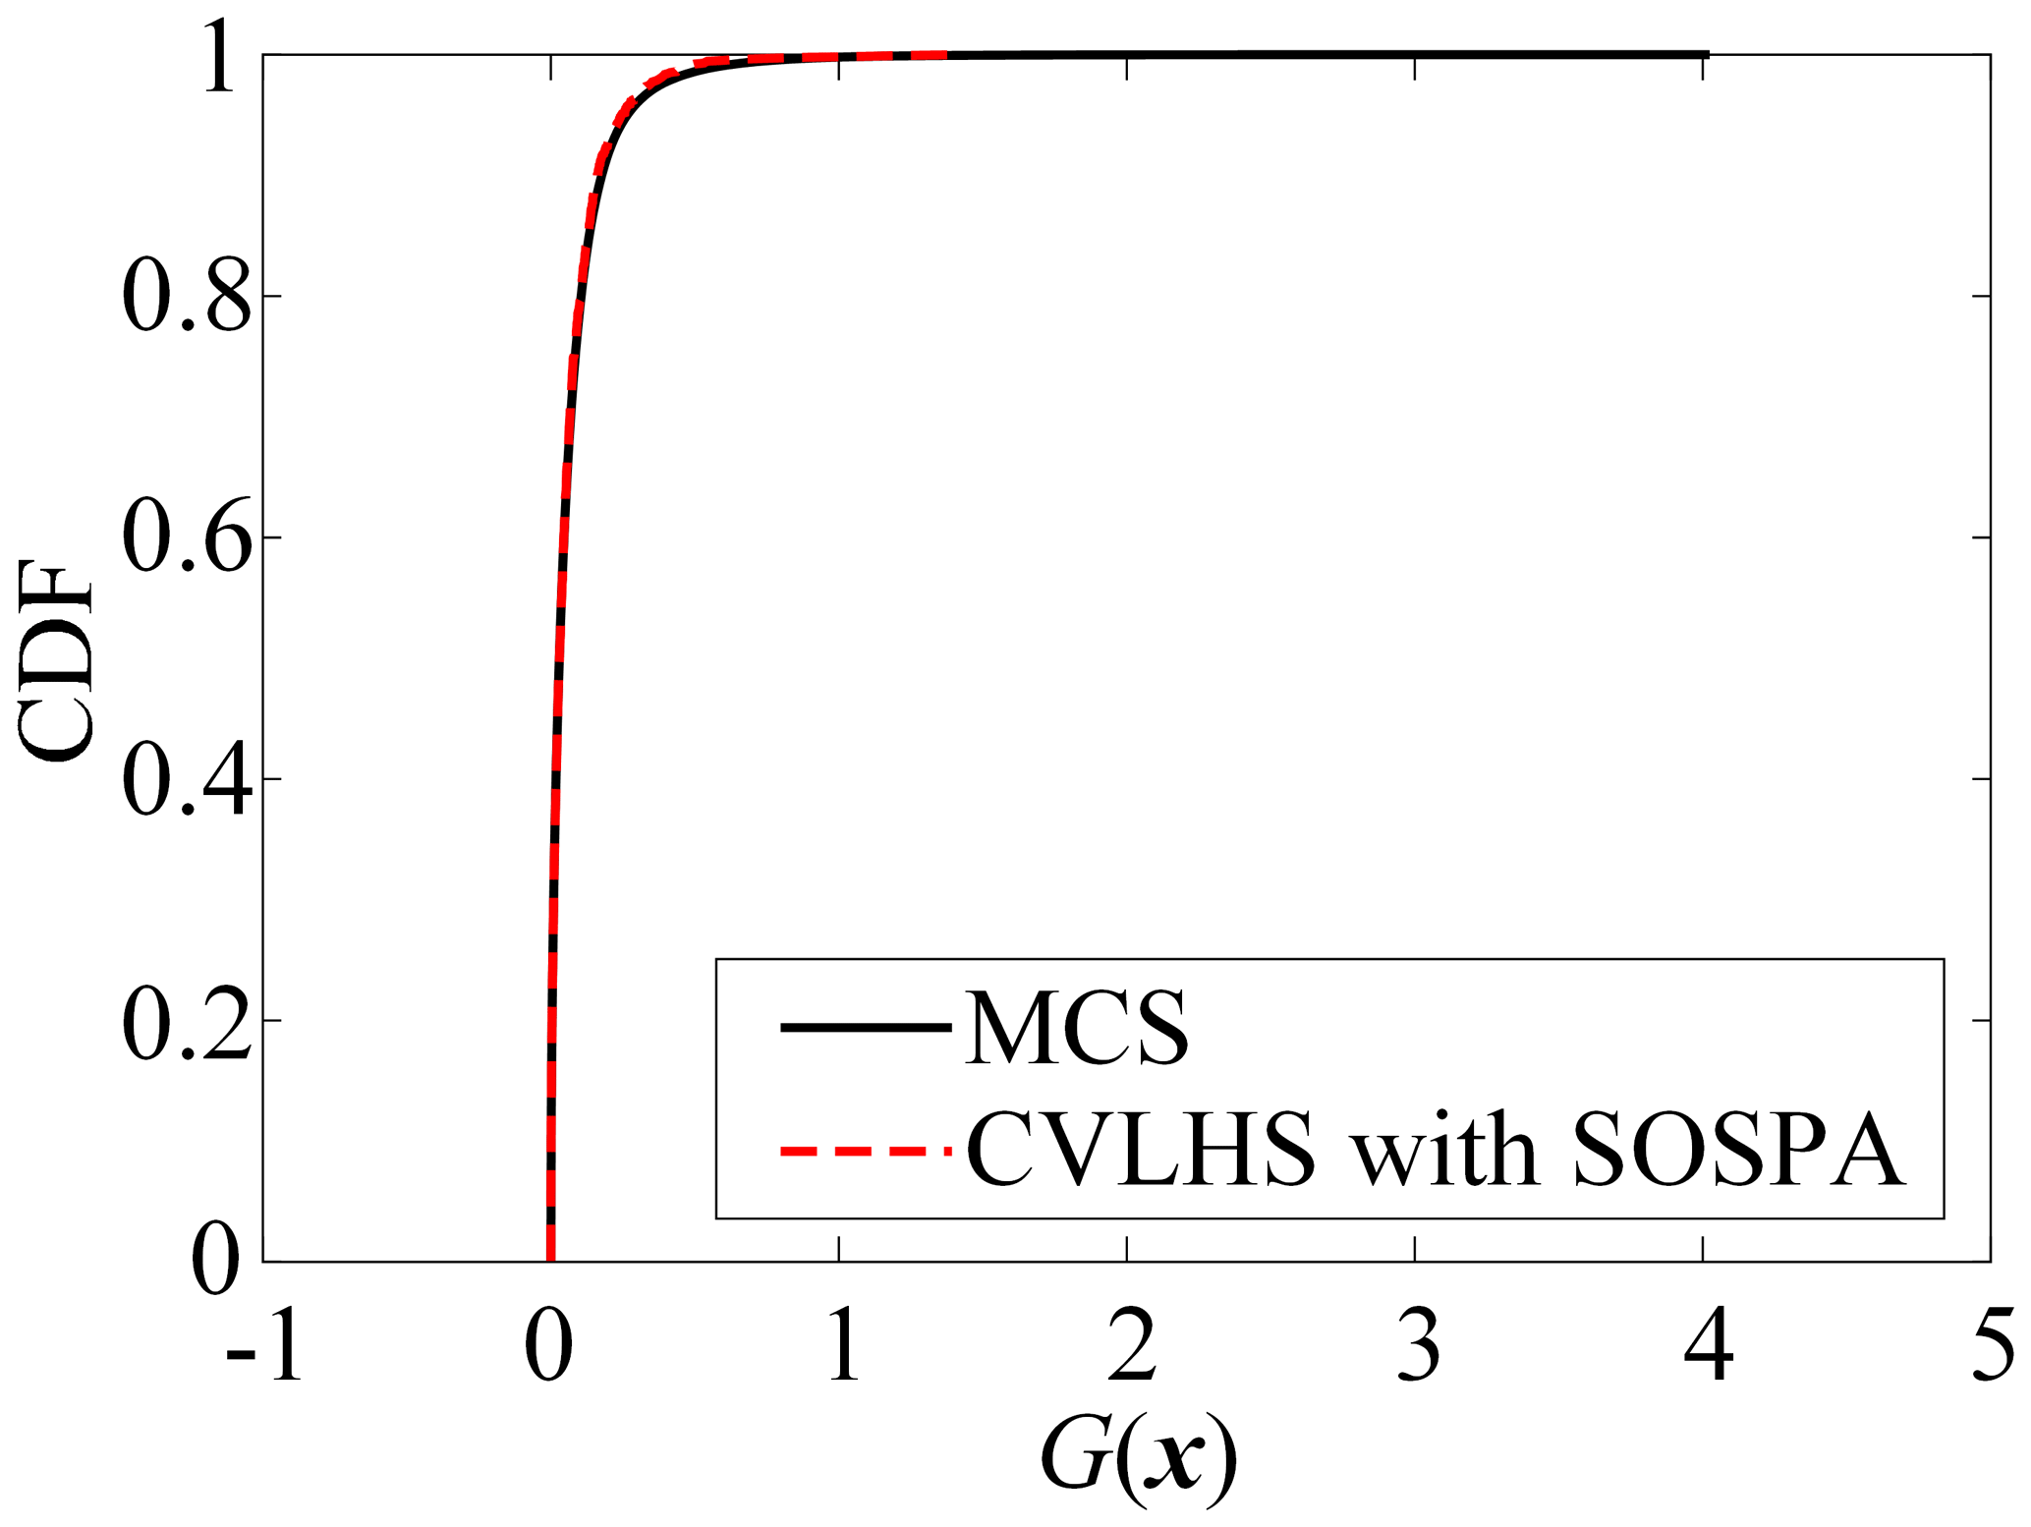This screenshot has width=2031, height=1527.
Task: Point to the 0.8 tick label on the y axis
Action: (x=186, y=295)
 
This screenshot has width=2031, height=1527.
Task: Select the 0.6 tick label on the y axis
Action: (x=186, y=537)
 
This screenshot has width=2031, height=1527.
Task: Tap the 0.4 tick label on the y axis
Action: (x=186, y=778)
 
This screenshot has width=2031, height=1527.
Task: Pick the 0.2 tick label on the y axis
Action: (x=186, y=1021)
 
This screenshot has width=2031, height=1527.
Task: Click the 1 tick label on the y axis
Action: (x=219, y=57)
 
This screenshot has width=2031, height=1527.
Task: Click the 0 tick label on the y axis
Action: (x=215, y=1261)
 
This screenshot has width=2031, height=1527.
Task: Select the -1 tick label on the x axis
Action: (x=263, y=1346)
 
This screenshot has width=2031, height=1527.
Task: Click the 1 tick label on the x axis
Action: (x=842, y=1346)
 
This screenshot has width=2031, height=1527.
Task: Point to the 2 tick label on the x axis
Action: (x=1130, y=1346)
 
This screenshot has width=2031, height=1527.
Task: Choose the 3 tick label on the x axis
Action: (x=1418, y=1346)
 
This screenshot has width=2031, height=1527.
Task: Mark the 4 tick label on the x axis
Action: (x=1708, y=1346)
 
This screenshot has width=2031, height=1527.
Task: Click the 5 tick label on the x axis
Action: (x=1993, y=1346)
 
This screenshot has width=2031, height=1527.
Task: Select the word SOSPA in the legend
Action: (x=1739, y=1150)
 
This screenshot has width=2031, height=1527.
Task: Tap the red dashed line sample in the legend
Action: (x=865, y=1150)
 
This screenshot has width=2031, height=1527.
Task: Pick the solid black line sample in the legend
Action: (x=865, y=1028)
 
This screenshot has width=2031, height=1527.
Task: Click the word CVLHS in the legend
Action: (x=1141, y=1150)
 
